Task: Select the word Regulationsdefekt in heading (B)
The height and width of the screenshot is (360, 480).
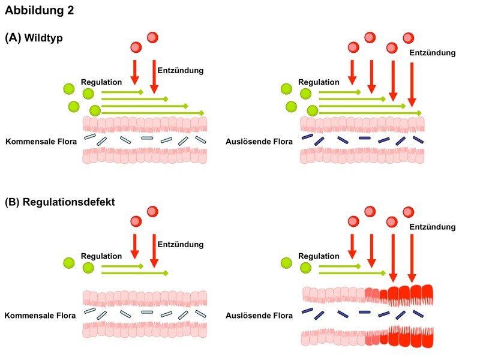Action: pos(70,202)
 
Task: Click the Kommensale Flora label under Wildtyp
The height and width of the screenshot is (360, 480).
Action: pos(40,142)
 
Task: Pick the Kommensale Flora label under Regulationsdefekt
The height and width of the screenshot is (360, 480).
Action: pos(40,316)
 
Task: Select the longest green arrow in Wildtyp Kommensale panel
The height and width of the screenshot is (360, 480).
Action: pos(153,112)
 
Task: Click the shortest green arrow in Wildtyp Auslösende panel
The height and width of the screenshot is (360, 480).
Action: pos(340,92)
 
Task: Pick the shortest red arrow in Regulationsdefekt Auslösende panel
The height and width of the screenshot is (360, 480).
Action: pos(352,243)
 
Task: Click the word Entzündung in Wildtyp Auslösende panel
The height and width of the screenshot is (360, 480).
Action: pos(433,53)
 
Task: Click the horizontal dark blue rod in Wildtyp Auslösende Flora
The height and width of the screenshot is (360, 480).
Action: pos(365,139)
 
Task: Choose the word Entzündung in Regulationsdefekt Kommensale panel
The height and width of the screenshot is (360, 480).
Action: pos(181,244)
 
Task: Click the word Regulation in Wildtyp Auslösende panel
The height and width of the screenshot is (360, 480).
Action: pos(319,82)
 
